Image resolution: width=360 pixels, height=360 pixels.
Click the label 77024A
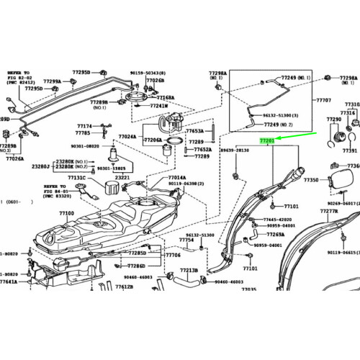pyautogui.click(x=127, y=135)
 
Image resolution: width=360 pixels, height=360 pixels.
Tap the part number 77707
pyautogui.click(x=323, y=101)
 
